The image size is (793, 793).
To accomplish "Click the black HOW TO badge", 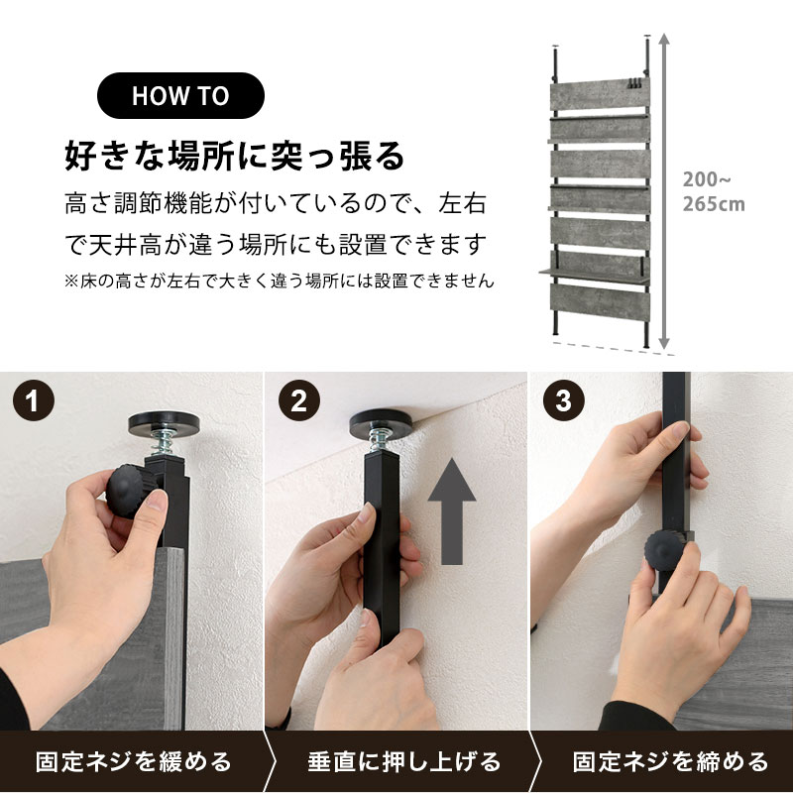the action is [x=180, y=95].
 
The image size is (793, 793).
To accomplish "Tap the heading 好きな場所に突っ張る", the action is [x=235, y=156].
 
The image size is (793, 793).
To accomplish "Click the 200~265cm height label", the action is [x=714, y=191].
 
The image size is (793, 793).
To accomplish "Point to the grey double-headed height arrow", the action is [x=664, y=191].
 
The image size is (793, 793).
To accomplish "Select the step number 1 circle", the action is [x=34, y=400].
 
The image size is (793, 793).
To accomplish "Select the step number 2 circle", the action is [x=299, y=400].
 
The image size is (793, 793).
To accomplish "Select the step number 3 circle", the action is [x=564, y=400].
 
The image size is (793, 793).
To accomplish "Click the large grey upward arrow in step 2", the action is [x=452, y=510].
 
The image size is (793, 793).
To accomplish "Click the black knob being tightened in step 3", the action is [x=664, y=551].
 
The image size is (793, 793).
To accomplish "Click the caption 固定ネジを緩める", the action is [x=134, y=761].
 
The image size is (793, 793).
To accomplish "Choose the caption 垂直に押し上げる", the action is [x=404, y=761].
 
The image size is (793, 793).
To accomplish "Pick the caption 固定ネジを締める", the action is [x=671, y=761].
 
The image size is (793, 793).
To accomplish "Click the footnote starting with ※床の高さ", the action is [x=280, y=281].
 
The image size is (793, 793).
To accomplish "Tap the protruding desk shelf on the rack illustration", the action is [x=594, y=276].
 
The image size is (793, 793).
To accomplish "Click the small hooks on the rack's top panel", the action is [x=635, y=84].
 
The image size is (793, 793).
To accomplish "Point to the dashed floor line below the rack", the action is [x=614, y=349].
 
